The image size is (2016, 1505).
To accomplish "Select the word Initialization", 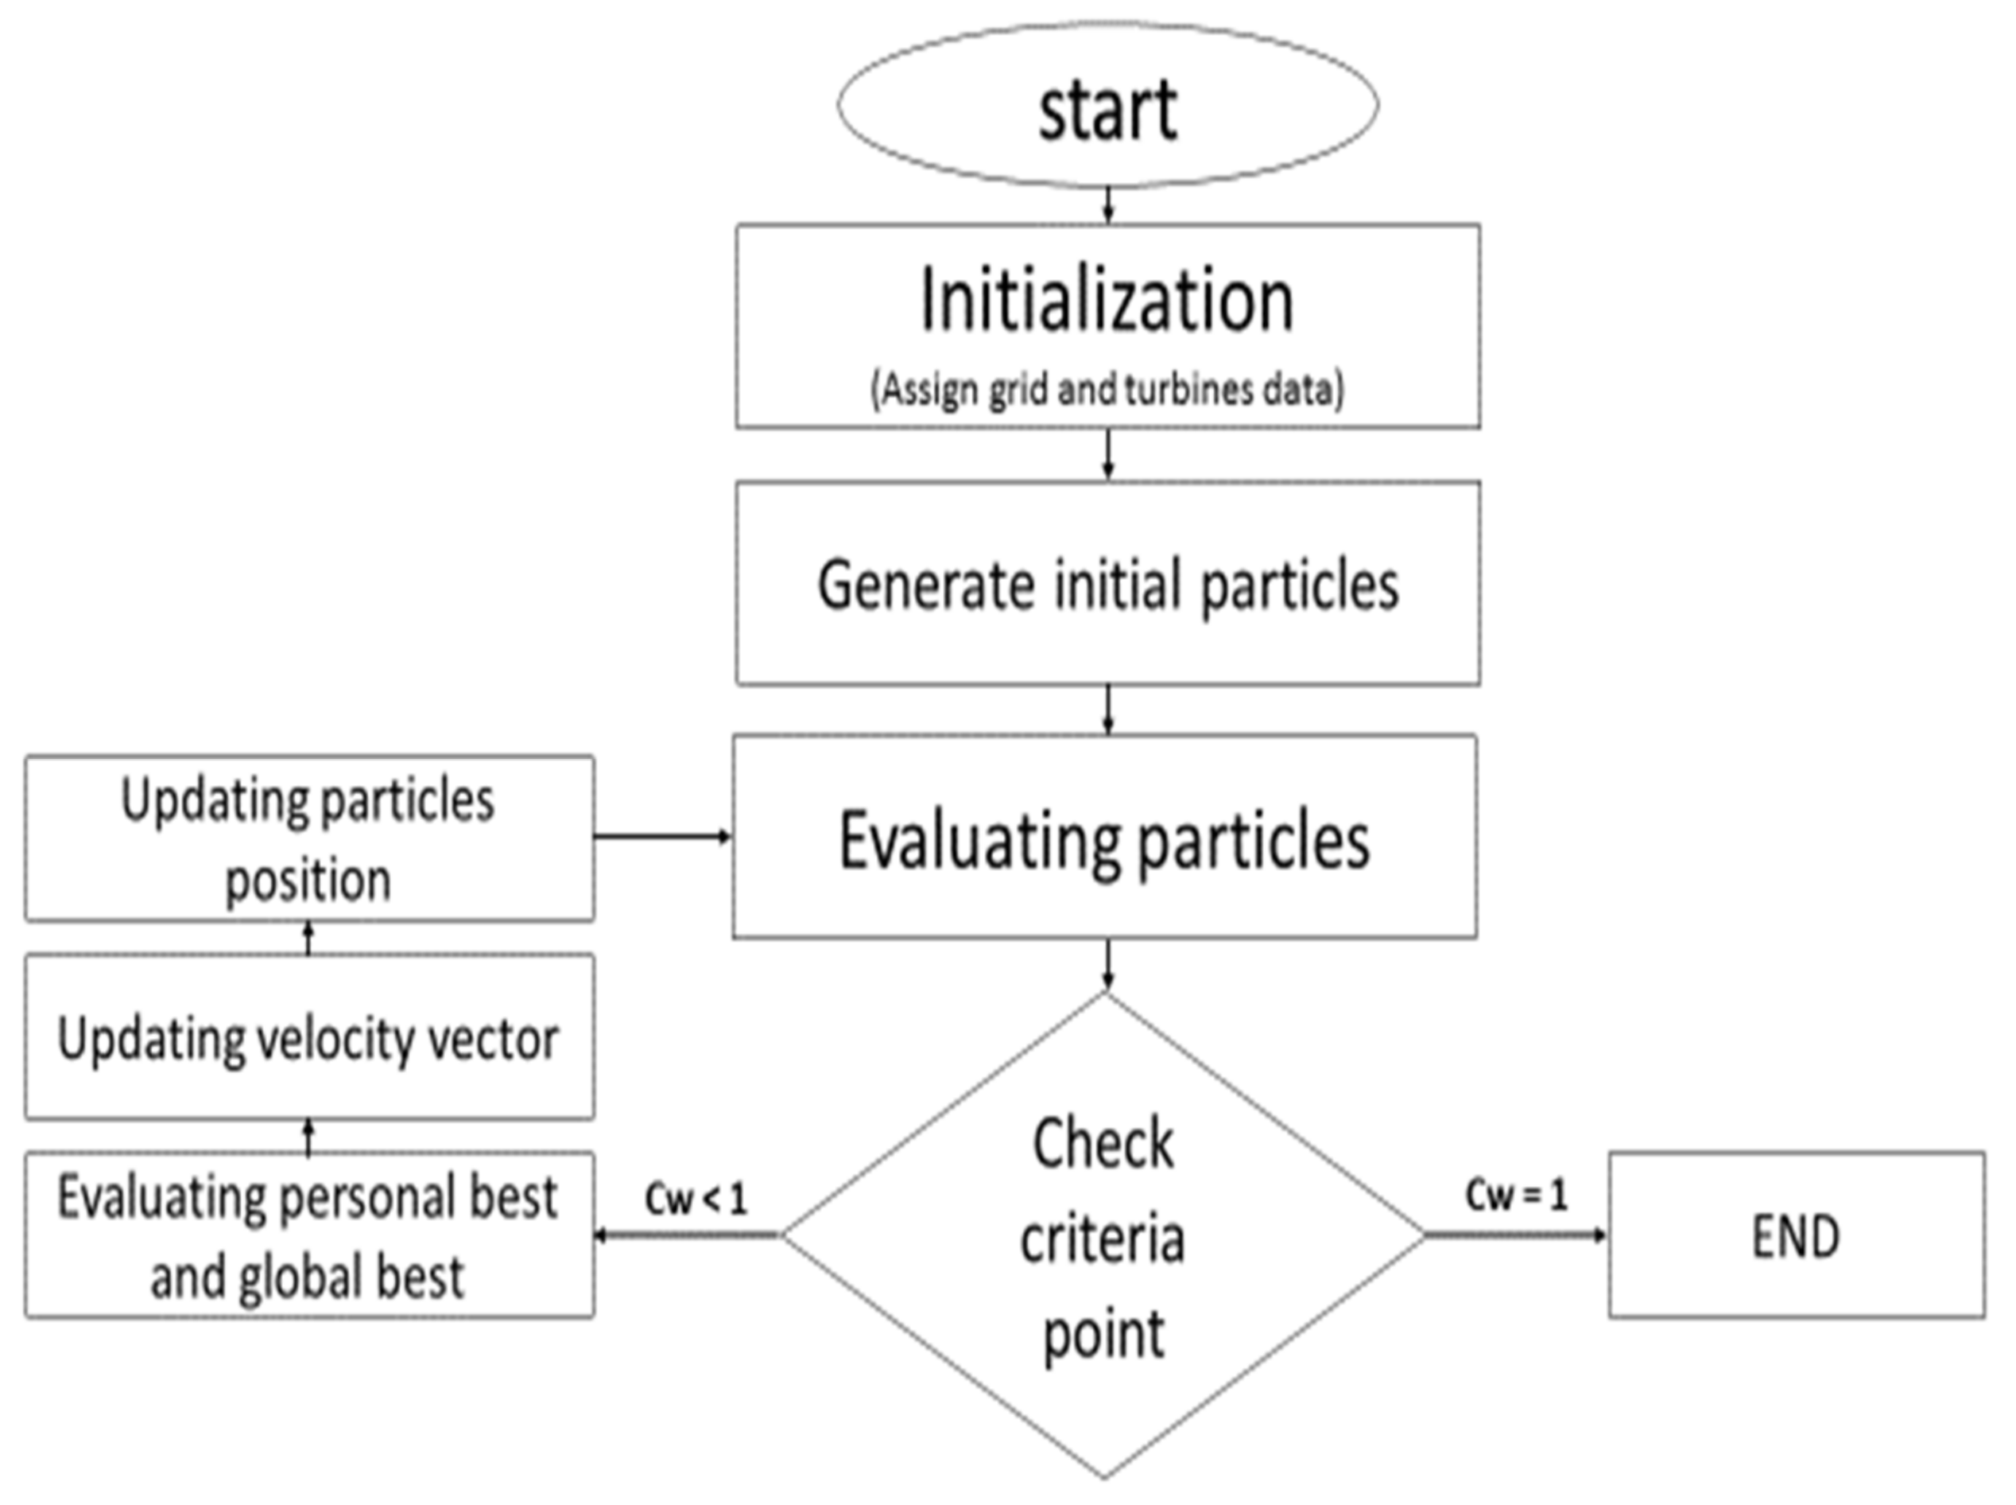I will pos(1107,301).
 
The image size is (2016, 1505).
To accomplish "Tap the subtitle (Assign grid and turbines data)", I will pos(1107,390).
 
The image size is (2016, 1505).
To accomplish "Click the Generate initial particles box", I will pos(1107,583).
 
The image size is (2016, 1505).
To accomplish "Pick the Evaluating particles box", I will pos(1103,838).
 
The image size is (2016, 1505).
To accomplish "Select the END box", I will pos(1796,1235).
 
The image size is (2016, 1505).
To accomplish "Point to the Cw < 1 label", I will pos(696,1199).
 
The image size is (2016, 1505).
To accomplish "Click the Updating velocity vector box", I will pos(309,1036).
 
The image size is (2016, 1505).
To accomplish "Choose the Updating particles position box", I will pos(309,838).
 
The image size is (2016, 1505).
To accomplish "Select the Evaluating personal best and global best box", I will pos(309,1235).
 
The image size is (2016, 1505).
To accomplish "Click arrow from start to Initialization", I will pos(1107,205).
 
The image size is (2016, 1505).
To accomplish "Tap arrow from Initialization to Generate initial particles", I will pos(1107,453).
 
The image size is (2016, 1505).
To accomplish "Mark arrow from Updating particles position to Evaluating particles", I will pos(663,835).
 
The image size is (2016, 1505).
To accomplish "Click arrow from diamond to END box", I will pos(1515,1235).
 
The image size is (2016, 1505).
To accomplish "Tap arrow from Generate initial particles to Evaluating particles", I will pos(1107,710).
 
